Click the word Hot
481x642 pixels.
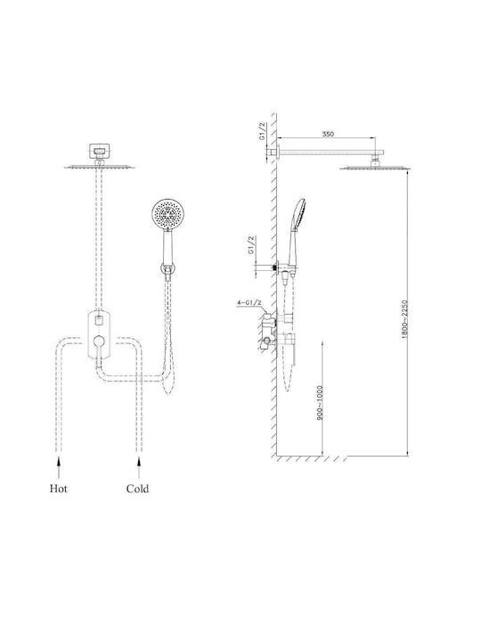tap(59, 489)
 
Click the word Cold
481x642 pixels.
tap(137, 489)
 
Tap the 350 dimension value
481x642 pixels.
tap(328, 134)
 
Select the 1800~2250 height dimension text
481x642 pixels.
tap(405, 319)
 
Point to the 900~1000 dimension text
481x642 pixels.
tap(321, 403)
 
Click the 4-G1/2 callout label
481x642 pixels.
tap(249, 303)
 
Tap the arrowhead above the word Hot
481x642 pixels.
tap(59, 461)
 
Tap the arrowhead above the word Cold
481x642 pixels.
tap(139, 461)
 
